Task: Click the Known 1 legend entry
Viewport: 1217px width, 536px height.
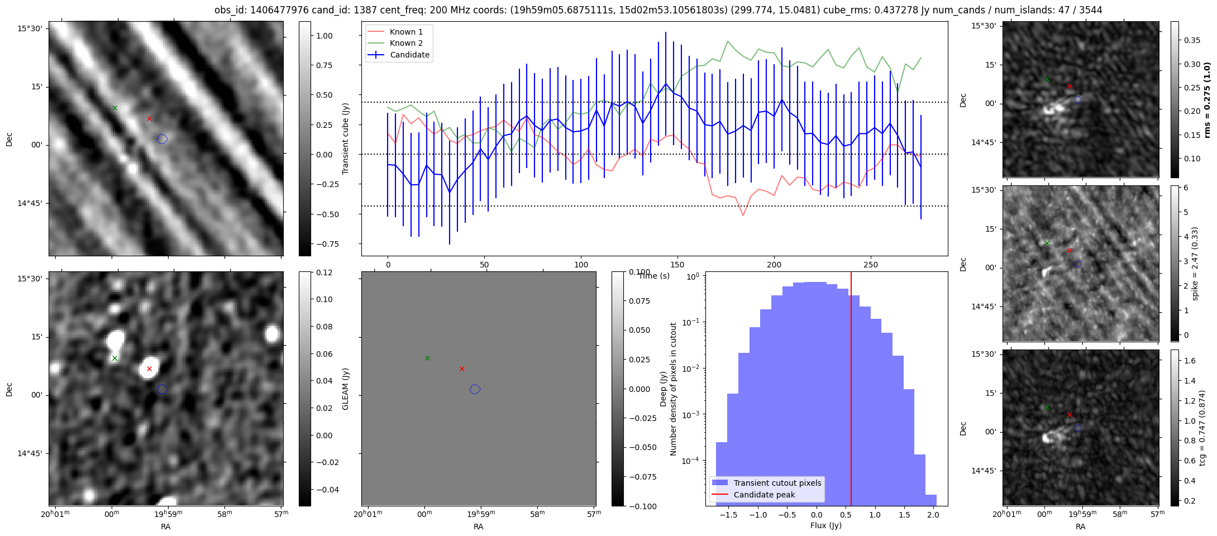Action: click(x=406, y=32)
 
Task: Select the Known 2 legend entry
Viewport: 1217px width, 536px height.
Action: click(x=406, y=43)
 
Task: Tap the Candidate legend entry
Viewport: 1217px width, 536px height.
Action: click(x=409, y=55)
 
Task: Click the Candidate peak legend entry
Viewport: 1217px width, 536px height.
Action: click(x=764, y=495)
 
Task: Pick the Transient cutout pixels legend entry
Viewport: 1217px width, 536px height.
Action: click(x=777, y=483)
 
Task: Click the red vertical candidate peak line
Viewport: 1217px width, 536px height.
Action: click(x=851, y=391)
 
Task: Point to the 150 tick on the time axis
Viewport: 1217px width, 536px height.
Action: click(x=677, y=265)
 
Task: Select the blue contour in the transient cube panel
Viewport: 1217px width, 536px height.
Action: click(x=162, y=139)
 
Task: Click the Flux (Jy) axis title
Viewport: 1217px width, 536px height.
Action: click(x=825, y=525)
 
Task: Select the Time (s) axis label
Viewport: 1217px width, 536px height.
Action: click(x=654, y=276)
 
